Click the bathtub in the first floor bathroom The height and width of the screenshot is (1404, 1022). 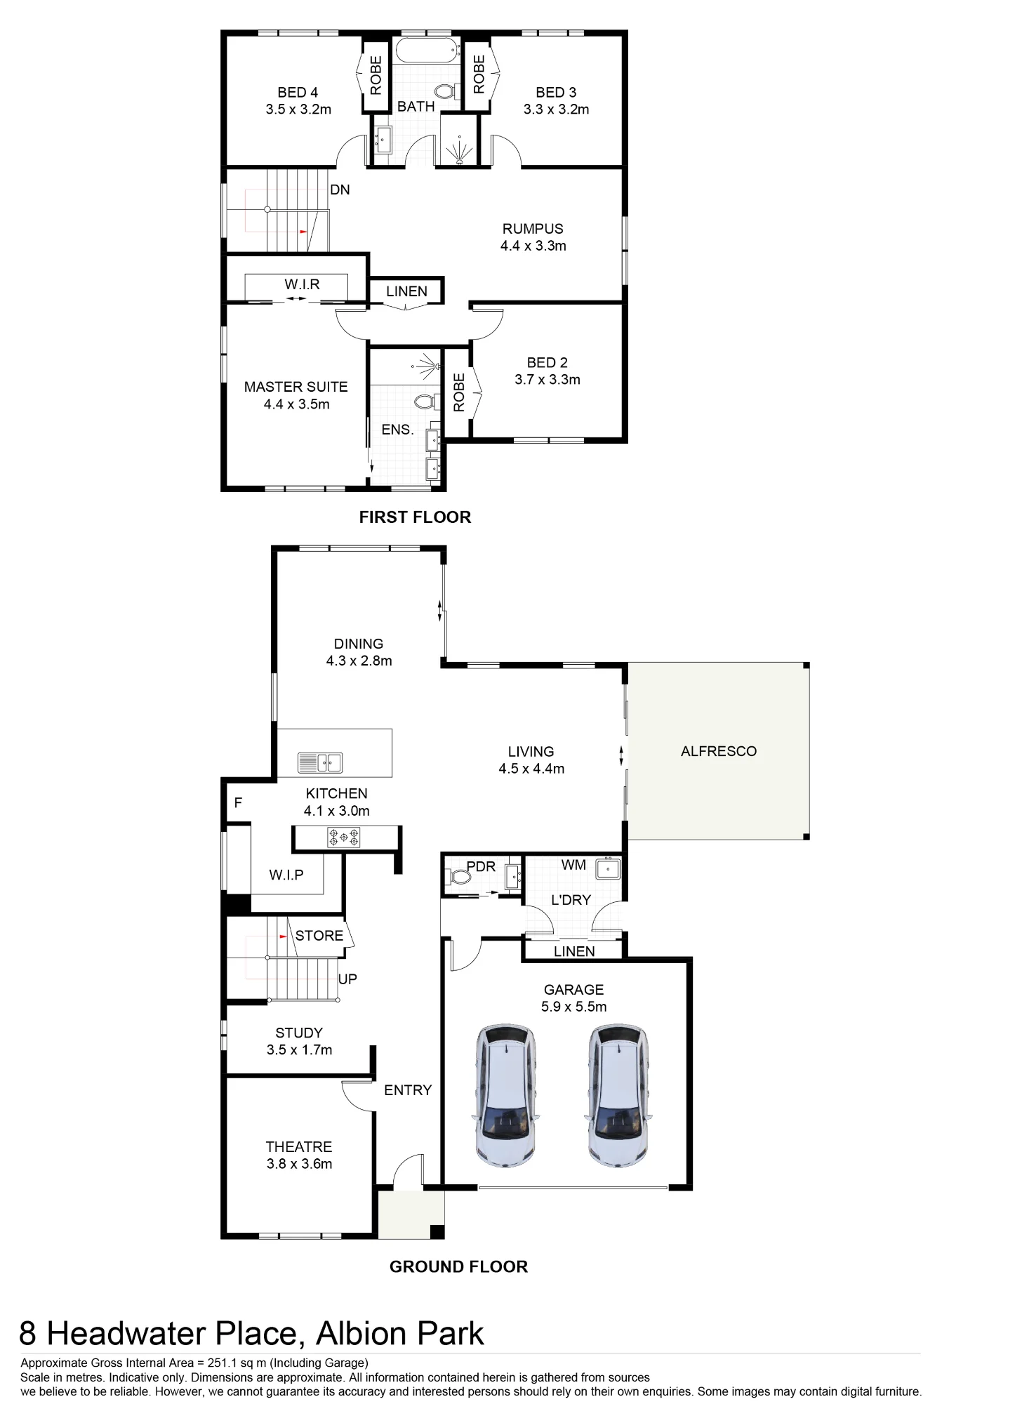[425, 51]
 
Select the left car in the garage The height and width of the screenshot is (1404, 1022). [505, 1096]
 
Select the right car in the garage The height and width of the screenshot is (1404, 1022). [618, 1096]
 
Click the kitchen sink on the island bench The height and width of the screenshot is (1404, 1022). [320, 762]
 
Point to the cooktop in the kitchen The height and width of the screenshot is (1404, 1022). [344, 837]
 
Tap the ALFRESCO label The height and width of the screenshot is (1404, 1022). [719, 751]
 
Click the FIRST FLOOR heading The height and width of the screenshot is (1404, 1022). [415, 517]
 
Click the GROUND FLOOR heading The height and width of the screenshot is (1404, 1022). [458, 1266]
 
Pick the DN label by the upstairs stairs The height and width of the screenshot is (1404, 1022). [340, 190]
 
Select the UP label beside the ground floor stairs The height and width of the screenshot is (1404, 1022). [347, 979]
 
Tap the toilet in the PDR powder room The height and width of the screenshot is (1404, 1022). [458, 877]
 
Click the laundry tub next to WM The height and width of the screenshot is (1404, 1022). [608, 869]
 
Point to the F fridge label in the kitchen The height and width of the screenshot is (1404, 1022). [238, 802]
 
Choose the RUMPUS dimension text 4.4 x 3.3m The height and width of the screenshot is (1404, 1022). [533, 246]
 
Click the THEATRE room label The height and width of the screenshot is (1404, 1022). [299, 1146]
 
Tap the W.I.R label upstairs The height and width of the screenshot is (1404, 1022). [303, 284]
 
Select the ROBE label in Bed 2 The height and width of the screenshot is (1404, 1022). [459, 392]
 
